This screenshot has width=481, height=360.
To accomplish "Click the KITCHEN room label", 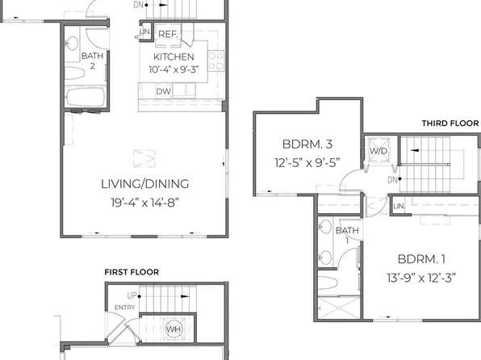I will (174, 57).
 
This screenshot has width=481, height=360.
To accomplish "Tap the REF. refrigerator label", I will (167, 34).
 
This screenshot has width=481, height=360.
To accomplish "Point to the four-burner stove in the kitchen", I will (215, 60).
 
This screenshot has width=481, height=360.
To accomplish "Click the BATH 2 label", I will (92, 60).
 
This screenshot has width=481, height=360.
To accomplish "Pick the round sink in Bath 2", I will (71, 44).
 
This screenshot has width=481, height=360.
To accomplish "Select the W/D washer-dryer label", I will (378, 151).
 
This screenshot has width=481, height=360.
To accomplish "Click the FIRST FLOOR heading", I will (132, 272).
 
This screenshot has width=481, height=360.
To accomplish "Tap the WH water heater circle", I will (174, 329).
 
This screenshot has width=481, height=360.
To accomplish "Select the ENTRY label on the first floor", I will (125, 308).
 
